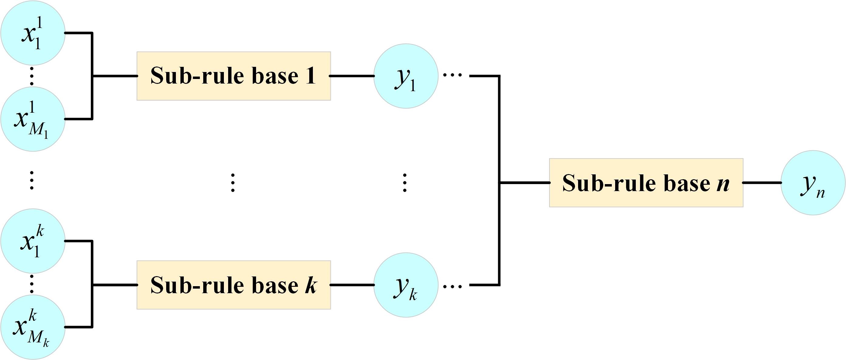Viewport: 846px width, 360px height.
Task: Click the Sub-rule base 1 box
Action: [234, 76]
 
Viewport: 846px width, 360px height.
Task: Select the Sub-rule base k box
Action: [234, 285]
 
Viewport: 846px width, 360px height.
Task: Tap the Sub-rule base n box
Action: [646, 183]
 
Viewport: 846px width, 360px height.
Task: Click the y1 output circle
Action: [406, 76]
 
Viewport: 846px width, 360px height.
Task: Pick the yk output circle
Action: [406, 285]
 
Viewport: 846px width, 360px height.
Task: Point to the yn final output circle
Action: [813, 183]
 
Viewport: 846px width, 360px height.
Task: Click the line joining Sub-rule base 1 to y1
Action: [352, 76]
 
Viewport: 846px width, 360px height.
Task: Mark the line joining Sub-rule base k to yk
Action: [352, 285]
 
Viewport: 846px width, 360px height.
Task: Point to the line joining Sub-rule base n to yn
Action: [762, 183]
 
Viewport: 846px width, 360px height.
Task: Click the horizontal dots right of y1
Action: [453, 75]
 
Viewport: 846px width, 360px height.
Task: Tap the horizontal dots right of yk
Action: [453, 286]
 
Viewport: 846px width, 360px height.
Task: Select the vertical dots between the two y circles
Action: [405, 183]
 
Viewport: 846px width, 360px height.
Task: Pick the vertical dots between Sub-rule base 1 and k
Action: [233, 183]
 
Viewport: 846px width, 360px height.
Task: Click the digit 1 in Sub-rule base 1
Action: [310, 76]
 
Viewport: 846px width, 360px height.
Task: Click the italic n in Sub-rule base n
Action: [723, 184]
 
